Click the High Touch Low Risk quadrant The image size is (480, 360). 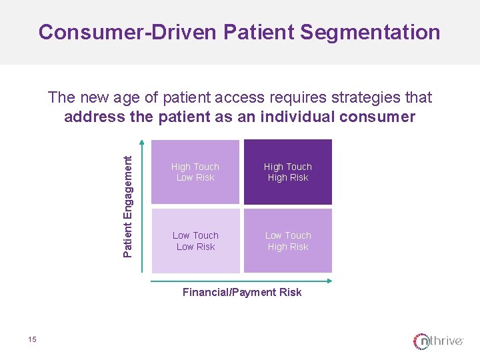pos(195,172)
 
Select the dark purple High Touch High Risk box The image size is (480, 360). pos(287,172)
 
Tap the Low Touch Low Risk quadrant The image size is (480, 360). pos(195,241)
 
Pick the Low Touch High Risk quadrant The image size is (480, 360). pos(287,241)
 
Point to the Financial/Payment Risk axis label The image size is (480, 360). pos(242,292)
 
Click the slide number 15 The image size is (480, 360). pos(33,340)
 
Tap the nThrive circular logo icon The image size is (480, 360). pos(422,341)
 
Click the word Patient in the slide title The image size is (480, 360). pos(255,32)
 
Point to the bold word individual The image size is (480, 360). pos(297,117)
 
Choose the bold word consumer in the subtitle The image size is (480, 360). pos(381,117)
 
